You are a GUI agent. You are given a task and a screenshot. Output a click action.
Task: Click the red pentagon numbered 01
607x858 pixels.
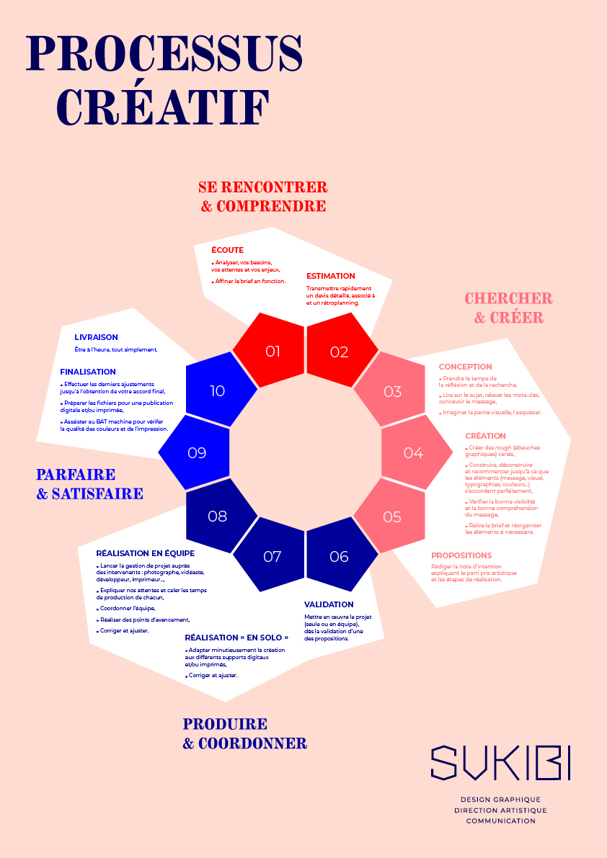(x=270, y=351)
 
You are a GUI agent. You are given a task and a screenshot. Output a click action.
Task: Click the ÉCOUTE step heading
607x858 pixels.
(x=227, y=250)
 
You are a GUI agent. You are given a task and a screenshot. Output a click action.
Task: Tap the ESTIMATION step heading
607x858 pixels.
(x=331, y=276)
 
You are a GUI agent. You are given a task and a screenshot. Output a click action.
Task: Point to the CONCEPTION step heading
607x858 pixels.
(x=465, y=367)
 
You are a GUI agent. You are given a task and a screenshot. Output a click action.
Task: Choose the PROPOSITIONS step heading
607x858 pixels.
(x=461, y=555)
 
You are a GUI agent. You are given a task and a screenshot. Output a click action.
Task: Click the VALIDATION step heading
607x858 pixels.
(x=329, y=604)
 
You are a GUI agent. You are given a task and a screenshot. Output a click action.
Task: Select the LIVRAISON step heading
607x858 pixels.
(x=96, y=337)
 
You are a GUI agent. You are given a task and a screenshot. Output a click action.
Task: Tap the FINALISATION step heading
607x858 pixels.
(x=88, y=372)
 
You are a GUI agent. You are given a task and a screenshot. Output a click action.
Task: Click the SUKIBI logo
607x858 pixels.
(x=500, y=763)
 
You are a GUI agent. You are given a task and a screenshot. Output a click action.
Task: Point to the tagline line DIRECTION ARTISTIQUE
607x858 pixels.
(x=500, y=810)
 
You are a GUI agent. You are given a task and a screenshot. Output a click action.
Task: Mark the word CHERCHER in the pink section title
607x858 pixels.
(x=508, y=298)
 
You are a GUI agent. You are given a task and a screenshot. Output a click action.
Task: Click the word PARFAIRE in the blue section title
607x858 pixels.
(x=76, y=475)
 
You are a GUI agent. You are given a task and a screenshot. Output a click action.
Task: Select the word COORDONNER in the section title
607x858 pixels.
(x=252, y=743)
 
